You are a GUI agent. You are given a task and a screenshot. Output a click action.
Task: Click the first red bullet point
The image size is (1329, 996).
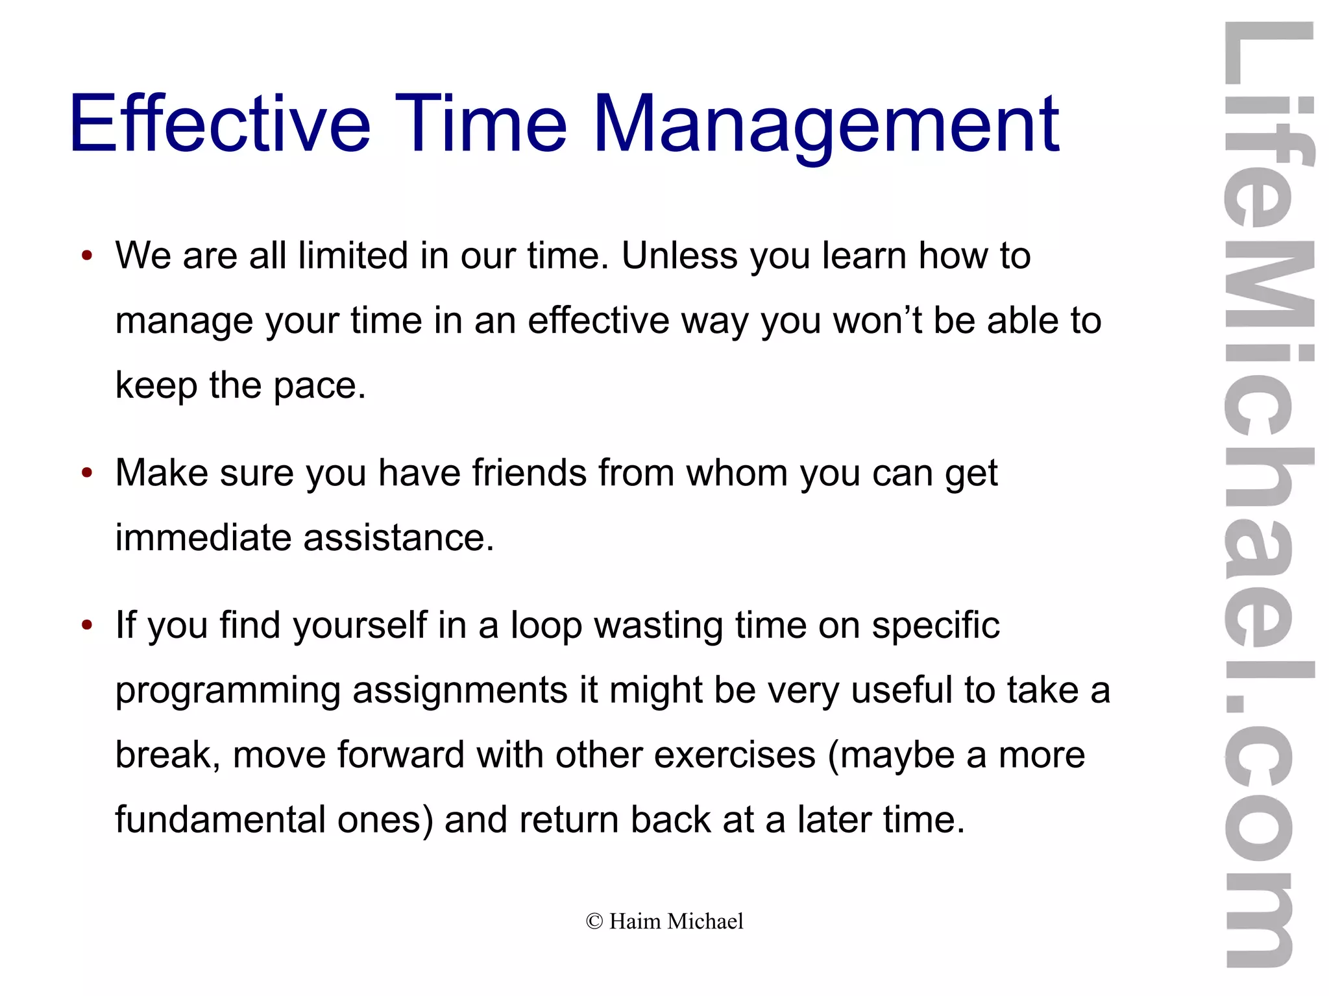87,255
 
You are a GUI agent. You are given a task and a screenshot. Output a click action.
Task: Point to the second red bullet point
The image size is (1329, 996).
87,472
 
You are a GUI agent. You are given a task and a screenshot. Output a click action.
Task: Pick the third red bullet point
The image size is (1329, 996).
87,625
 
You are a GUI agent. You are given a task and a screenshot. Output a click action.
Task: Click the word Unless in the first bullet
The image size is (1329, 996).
679,255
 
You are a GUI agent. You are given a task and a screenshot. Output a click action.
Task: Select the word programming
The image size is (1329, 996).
227,691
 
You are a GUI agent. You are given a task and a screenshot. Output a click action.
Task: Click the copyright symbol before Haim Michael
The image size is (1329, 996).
594,921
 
